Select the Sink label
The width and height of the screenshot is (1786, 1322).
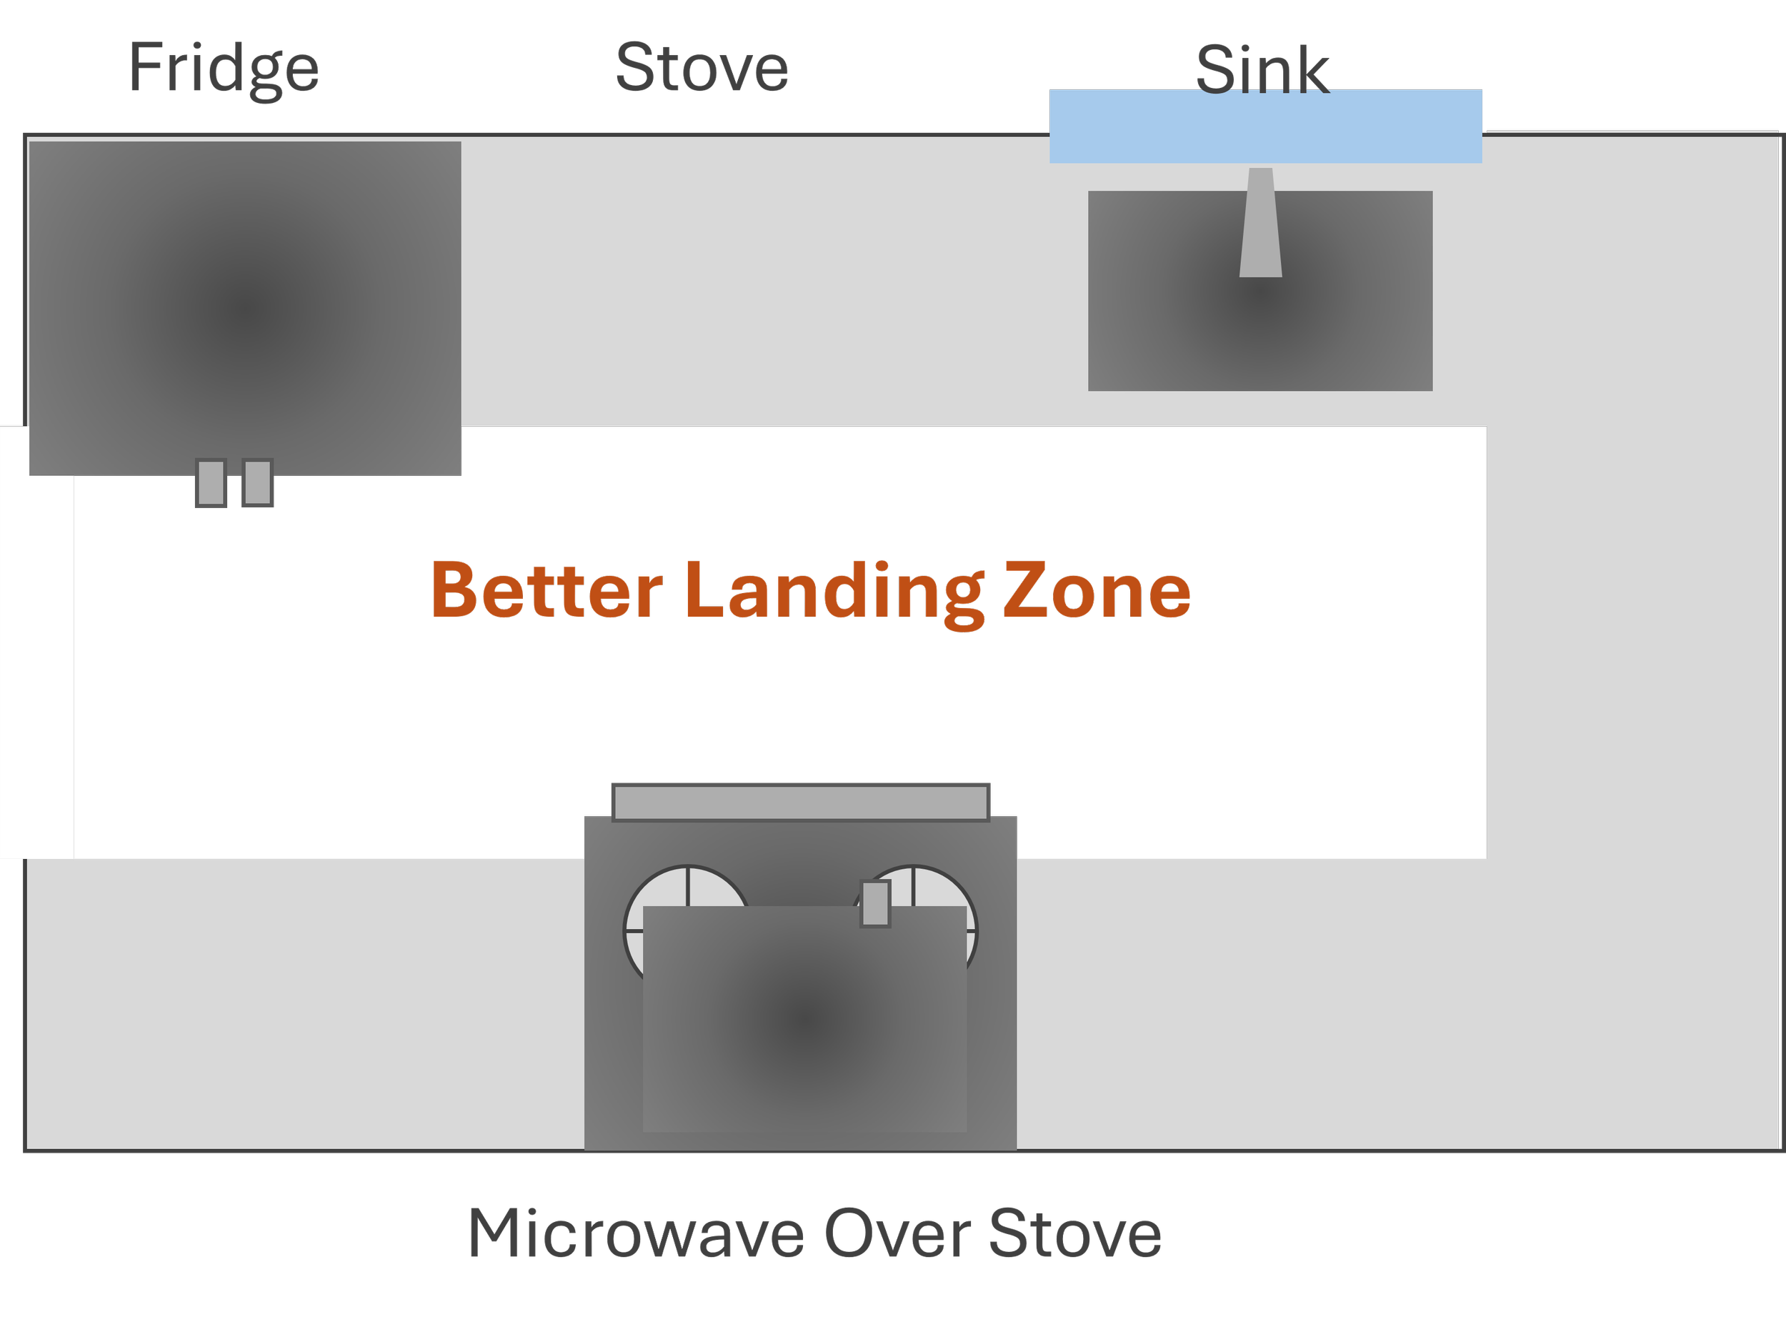click(x=1262, y=71)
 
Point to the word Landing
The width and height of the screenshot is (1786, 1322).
click(x=835, y=592)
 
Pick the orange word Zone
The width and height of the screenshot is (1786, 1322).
click(x=1097, y=592)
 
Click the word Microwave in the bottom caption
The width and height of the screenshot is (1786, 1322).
click(x=636, y=1234)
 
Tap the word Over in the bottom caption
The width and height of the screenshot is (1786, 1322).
click(x=898, y=1234)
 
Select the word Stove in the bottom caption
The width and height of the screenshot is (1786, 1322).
click(x=1075, y=1234)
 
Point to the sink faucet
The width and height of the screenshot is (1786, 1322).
click(x=1260, y=224)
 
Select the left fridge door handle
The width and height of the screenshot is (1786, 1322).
click(x=211, y=482)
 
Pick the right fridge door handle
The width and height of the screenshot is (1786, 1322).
click(x=258, y=482)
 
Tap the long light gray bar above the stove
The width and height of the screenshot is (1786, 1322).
click(x=801, y=802)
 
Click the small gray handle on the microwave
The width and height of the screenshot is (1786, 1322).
click(x=875, y=903)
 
